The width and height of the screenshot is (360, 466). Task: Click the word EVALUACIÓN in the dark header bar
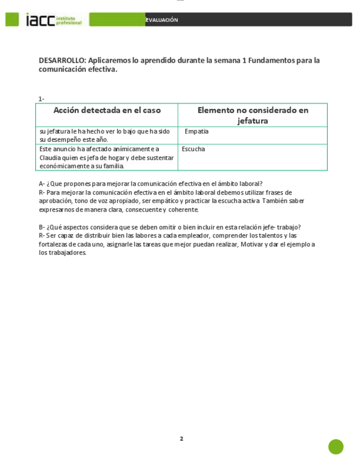[162, 20]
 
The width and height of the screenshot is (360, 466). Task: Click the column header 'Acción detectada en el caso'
[107, 110]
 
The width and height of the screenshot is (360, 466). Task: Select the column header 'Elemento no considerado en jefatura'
[253, 115]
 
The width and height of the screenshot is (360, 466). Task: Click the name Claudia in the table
[50, 157]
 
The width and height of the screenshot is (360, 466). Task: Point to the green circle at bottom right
[336, 446]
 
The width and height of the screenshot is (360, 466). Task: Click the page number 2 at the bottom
[181, 439]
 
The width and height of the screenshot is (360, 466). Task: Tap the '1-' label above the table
[41, 99]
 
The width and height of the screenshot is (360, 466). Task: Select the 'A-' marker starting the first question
[42, 184]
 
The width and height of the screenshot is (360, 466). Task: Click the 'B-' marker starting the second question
[42, 227]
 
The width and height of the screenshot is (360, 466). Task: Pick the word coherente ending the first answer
[184, 209]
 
